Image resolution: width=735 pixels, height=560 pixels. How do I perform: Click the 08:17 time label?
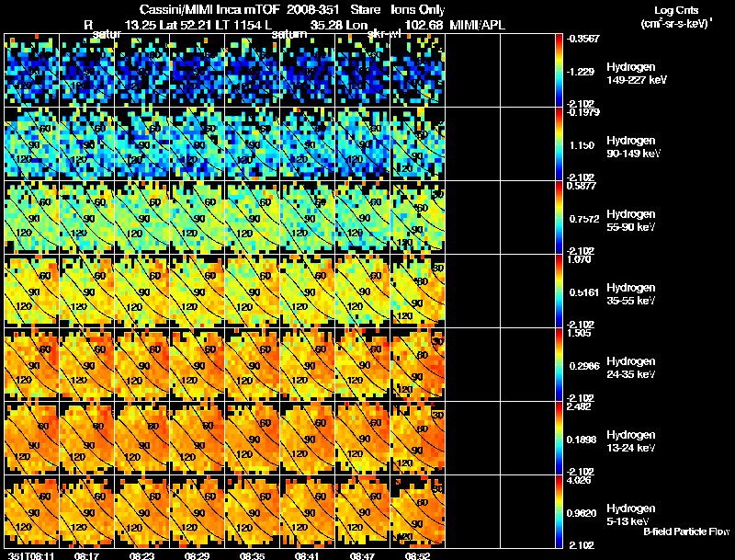pos(86,555)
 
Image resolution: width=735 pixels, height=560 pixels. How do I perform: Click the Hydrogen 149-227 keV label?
pos(630,74)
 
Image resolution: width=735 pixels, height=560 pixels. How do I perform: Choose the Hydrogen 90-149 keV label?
pos(630,147)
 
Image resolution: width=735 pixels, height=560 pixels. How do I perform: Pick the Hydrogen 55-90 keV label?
pos(630,221)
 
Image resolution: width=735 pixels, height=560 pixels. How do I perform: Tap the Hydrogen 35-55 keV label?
pos(630,294)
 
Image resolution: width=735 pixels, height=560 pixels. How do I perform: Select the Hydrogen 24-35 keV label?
pos(630,368)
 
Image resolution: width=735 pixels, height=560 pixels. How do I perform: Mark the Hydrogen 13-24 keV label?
pos(630,441)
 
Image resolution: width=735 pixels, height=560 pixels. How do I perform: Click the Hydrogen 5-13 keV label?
pos(630,514)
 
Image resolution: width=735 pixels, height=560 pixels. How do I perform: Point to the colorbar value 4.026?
pos(578,480)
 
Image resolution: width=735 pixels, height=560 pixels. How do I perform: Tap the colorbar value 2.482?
pos(578,406)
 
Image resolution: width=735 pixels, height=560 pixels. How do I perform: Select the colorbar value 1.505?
pos(578,333)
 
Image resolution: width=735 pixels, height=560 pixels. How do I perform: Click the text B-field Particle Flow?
pos(685,531)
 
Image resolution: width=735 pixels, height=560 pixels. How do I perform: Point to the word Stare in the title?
pos(364,9)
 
